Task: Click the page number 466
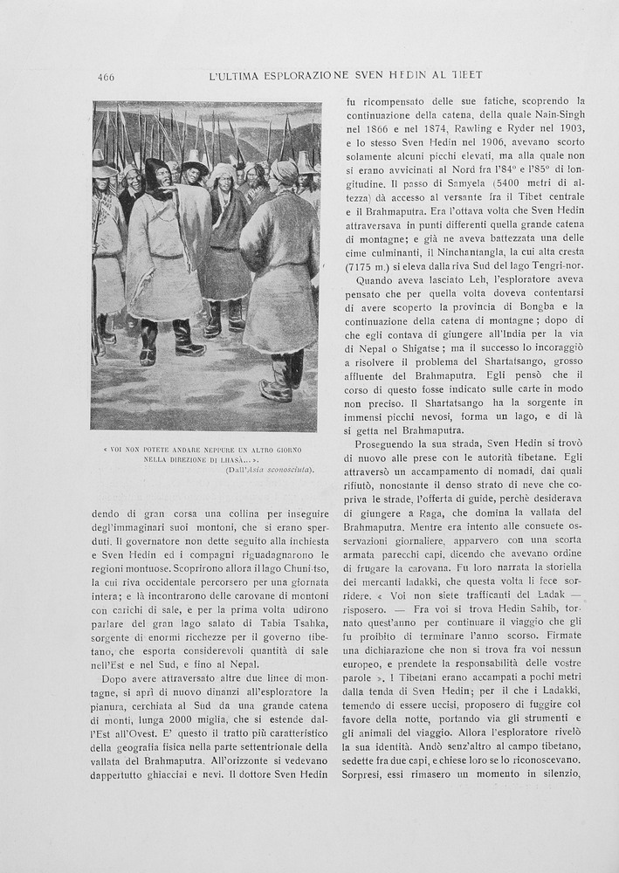pos(106,77)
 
